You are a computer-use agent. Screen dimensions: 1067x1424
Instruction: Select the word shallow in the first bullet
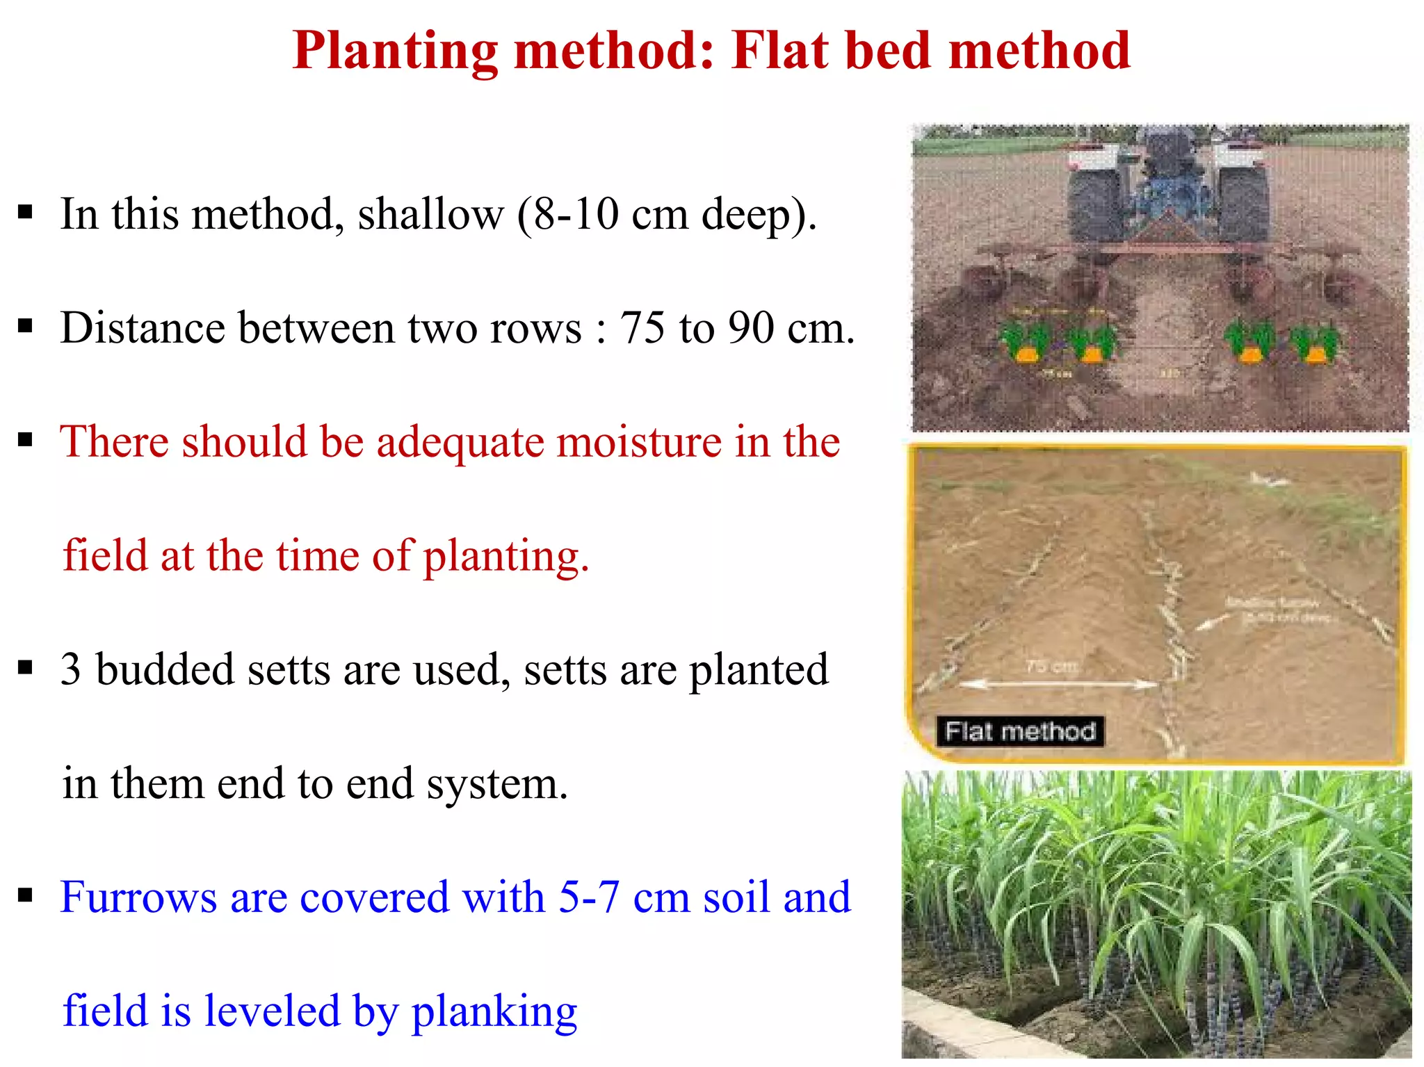[x=430, y=214]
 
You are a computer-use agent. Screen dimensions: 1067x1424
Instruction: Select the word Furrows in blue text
[x=138, y=897]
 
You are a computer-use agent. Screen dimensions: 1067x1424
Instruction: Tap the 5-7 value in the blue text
[x=588, y=897]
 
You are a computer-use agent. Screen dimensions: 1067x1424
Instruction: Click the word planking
[x=494, y=1012]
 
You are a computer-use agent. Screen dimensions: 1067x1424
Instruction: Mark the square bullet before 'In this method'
[x=26, y=212]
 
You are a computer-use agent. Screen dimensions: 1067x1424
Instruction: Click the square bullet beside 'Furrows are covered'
[x=26, y=895]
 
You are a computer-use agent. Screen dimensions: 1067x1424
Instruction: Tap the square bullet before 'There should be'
[x=26, y=440]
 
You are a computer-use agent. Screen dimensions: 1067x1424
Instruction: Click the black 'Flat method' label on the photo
[x=1020, y=732]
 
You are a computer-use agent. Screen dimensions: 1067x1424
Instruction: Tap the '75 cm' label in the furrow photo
[x=1052, y=666]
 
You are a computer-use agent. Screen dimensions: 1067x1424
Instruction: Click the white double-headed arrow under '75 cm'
[x=1057, y=684]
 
